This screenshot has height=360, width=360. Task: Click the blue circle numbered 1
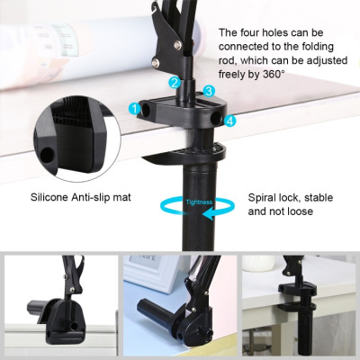point(135,109)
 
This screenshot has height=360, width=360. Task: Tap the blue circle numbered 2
point(176,82)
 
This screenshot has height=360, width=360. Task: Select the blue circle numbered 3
point(209,91)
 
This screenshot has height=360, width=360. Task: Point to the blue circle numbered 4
point(230,120)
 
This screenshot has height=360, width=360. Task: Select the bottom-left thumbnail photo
point(58,306)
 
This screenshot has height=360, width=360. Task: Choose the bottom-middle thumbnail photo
point(179,306)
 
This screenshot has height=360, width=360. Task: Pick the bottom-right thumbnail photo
point(300,306)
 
